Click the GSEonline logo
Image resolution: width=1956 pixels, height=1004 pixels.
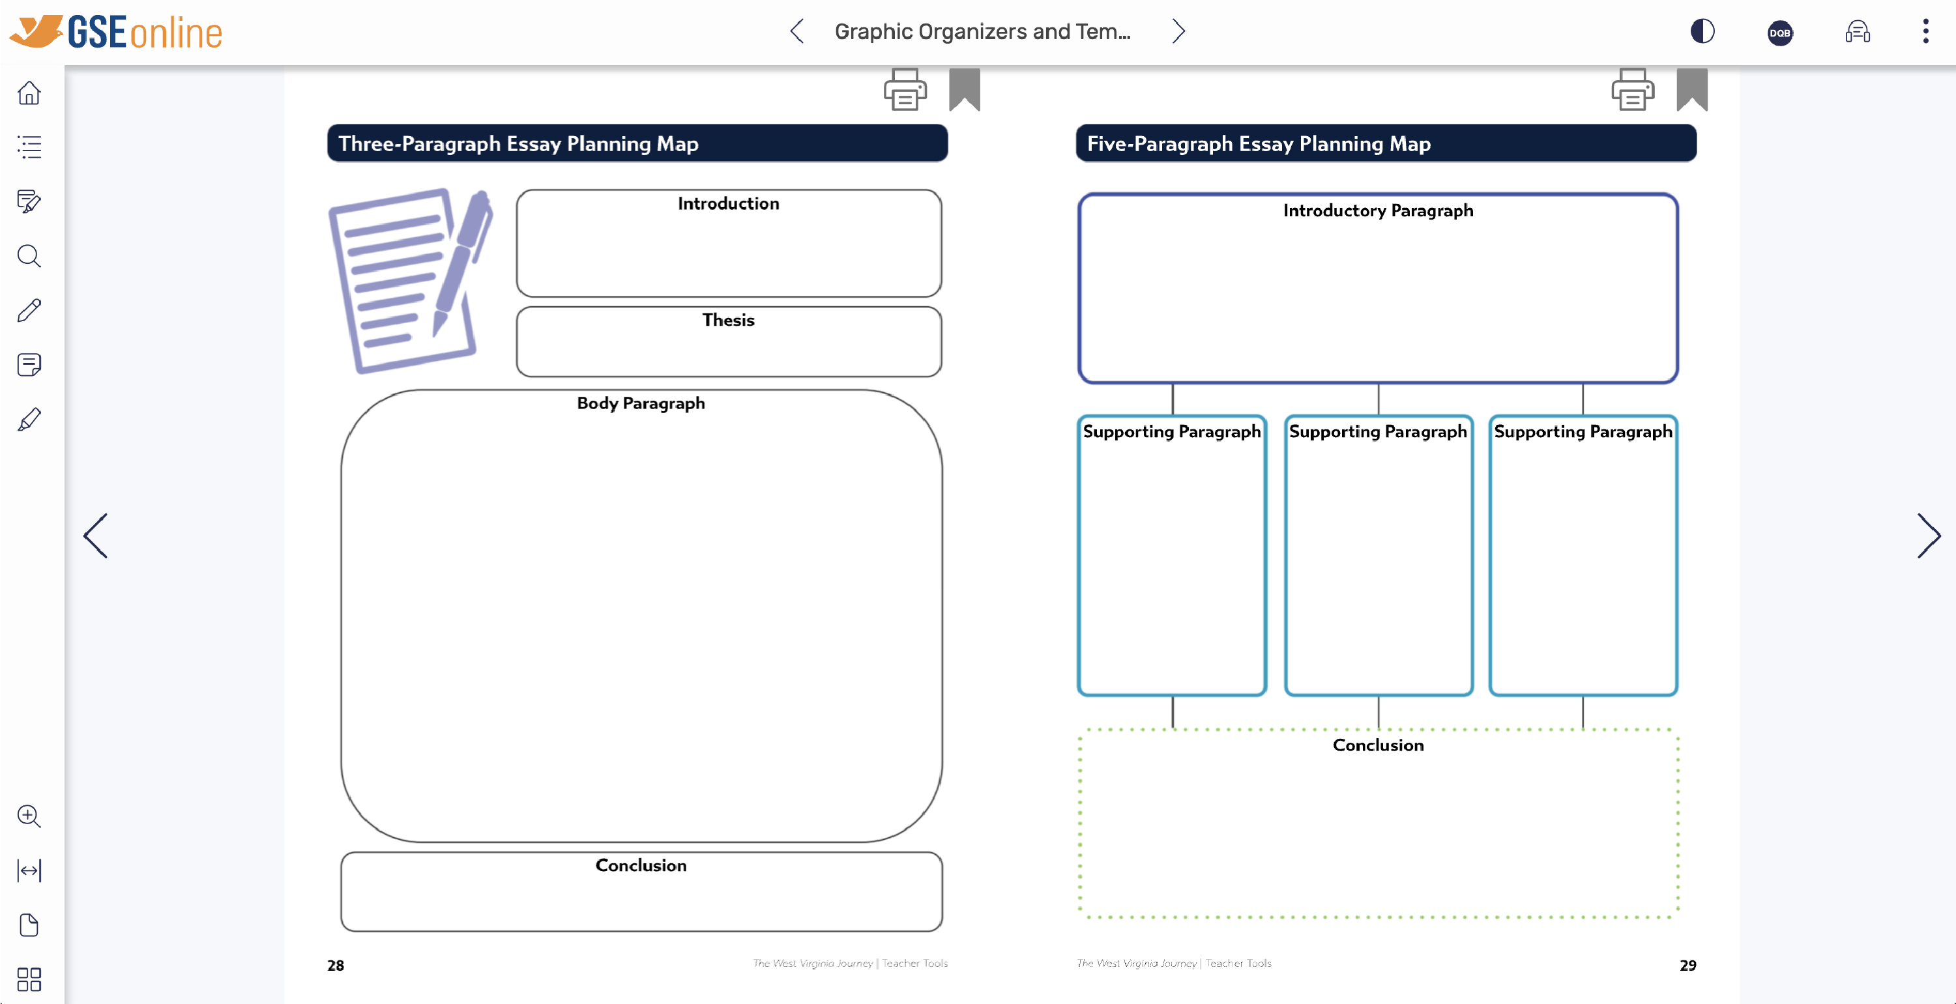(x=115, y=32)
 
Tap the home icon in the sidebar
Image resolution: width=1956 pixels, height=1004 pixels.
(x=29, y=93)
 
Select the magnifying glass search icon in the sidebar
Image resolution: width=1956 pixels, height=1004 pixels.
(x=29, y=256)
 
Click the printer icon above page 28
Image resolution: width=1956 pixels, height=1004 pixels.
(x=904, y=89)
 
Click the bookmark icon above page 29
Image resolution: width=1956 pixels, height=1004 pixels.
(x=1692, y=89)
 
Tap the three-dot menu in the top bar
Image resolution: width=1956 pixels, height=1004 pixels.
(x=1925, y=31)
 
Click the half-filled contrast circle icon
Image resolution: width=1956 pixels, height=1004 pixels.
(x=1702, y=31)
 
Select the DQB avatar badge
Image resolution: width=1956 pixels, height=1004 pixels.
(x=1780, y=33)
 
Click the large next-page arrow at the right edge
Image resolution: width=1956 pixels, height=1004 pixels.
(x=1928, y=535)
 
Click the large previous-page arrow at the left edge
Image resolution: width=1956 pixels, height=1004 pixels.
(x=96, y=535)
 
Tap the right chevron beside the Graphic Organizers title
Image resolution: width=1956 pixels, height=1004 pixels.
(x=1178, y=31)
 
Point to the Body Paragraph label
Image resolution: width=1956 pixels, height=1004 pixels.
(x=640, y=403)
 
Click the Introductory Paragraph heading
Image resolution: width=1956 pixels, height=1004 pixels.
(x=1377, y=210)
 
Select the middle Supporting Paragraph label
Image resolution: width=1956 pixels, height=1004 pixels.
(x=1377, y=431)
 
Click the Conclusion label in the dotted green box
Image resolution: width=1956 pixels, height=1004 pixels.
(x=1377, y=745)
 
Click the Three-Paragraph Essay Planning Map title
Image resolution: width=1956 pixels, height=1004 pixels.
(x=518, y=143)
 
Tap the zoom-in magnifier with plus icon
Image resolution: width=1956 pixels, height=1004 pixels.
(x=29, y=816)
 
